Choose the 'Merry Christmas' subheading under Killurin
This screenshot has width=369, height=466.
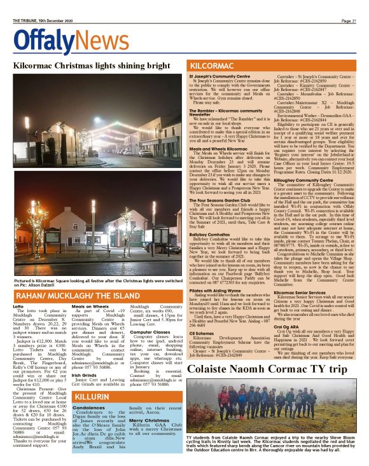coord(148,420)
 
